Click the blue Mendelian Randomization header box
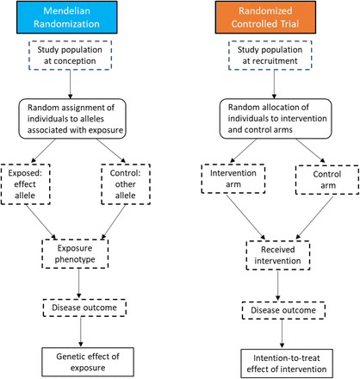(67, 17)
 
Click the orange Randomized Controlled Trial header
(265, 17)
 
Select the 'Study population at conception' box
(70, 55)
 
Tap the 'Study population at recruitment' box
(270, 55)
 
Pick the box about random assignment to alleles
(72, 119)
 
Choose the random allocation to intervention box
(276, 118)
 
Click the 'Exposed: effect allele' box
(26, 184)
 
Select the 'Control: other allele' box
(126, 184)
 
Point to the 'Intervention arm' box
(233, 178)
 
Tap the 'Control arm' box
(327, 180)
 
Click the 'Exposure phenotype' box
(75, 253)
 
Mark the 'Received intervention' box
(278, 255)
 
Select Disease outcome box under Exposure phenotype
(84, 308)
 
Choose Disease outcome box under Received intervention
(283, 310)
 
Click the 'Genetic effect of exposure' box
(88, 362)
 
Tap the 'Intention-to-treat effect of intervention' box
(287, 363)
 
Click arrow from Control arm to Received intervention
(314, 218)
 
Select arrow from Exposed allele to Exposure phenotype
(41, 222)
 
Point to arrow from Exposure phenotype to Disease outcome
(79, 283)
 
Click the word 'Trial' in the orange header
(290, 24)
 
